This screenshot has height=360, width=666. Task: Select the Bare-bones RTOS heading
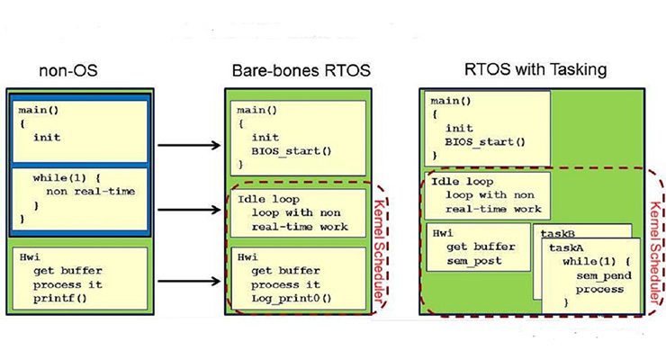pyautogui.click(x=297, y=68)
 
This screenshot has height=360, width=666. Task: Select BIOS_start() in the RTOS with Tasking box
pyautogui.click(x=484, y=141)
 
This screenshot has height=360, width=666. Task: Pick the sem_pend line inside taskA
pyautogui.click(x=598, y=274)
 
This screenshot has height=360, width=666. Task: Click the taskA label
pyautogui.click(x=566, y=246)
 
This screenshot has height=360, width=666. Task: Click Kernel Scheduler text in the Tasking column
pyautogui.click(x=654, y=229)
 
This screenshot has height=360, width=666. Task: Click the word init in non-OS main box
pyautogui.click(x=47, y=138)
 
